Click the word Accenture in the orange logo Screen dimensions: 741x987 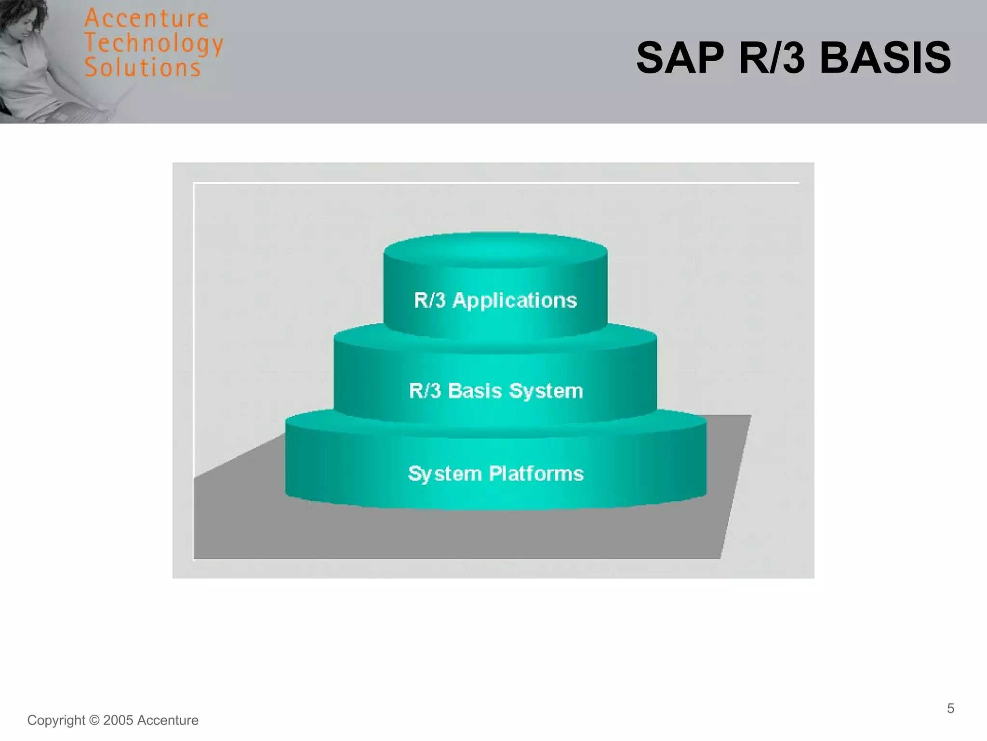[147, 19]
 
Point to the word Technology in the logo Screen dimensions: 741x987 [153, 43]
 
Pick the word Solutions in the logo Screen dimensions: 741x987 [143, 68]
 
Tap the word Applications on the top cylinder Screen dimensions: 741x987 [514, 301]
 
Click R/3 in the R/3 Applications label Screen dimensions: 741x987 [429, 300]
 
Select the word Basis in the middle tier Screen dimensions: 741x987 [475, 391]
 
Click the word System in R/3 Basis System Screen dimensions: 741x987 [546, 391]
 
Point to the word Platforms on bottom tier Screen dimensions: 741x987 [536, 474]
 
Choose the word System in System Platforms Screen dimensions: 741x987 [445, 474]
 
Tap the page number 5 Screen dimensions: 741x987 [950, 708]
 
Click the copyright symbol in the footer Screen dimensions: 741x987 [94, 720]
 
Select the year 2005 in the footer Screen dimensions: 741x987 [118, 720]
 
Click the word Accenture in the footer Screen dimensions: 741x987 [168, 720]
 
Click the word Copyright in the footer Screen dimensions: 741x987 [56, 720]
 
